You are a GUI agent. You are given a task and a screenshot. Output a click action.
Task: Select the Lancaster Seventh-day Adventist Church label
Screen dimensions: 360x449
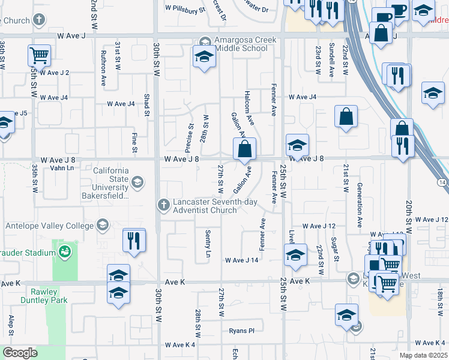click(213, 206)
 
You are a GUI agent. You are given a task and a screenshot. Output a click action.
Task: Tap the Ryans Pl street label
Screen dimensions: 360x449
click(242, 331)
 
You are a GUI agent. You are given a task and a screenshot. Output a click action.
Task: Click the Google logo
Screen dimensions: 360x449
click(20, 353)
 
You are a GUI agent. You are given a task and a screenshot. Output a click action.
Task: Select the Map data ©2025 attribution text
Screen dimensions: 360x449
click(423, 355)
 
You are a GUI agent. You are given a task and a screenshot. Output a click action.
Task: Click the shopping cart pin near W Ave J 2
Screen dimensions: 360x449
click(39, 56)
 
